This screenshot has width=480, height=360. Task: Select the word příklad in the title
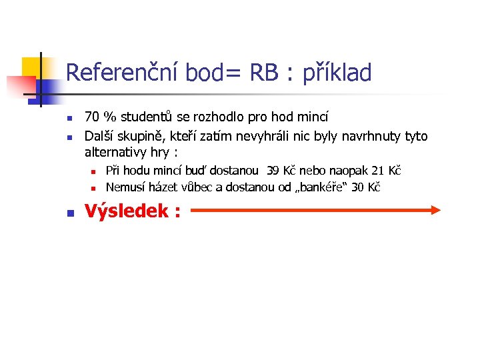pyautogui.click(x=337, y=73)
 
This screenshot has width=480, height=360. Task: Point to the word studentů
pyautogui.click(x=148, y=118)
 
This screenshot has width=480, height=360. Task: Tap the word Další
pyautogui.click(x=101, y=136)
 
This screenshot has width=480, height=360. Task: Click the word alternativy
pyautogui.click(x=115, y=151)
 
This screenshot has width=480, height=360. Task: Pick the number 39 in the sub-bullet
pyautogui.click(x=274, y=171)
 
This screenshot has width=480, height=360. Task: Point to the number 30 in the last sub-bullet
pyautogui.click(x=357, y=187)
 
